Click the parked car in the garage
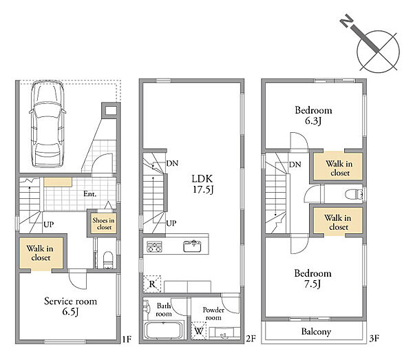47,123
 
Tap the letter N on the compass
347,21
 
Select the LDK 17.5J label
202,184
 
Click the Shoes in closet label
103,224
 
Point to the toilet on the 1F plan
108,260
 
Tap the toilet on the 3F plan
354,194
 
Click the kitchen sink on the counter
192,246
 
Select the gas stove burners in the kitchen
154,246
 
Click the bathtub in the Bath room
164,330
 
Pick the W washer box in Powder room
199,330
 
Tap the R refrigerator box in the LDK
152,284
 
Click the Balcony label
316,332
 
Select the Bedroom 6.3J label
313,115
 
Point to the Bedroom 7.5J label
313,278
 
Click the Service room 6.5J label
70,306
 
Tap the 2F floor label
251,339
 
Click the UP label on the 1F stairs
49,224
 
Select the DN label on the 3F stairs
295,165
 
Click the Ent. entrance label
89,194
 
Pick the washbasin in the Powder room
224,333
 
